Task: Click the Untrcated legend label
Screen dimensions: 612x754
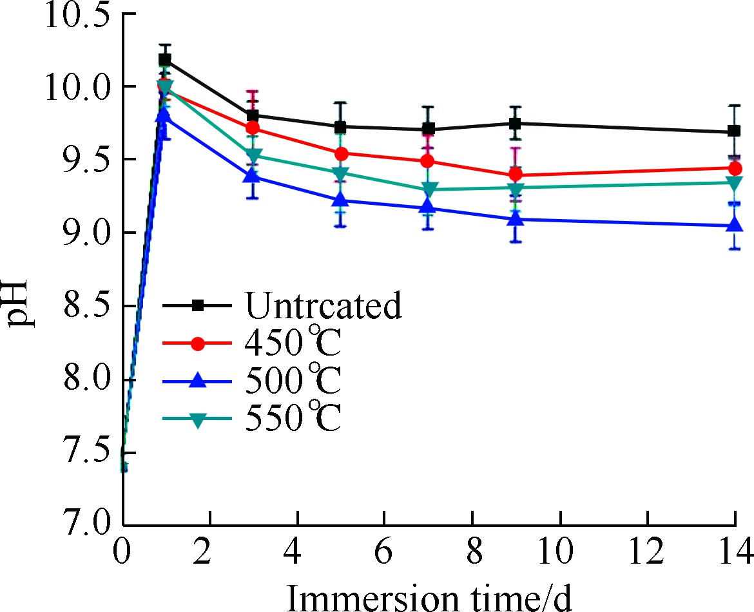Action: [323, 305]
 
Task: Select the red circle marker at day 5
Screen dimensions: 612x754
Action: [341, 153]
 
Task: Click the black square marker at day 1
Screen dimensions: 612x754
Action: [165, 59]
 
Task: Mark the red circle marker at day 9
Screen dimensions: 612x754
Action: [516, 175]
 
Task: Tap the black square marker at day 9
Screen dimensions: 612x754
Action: [516, 123]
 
